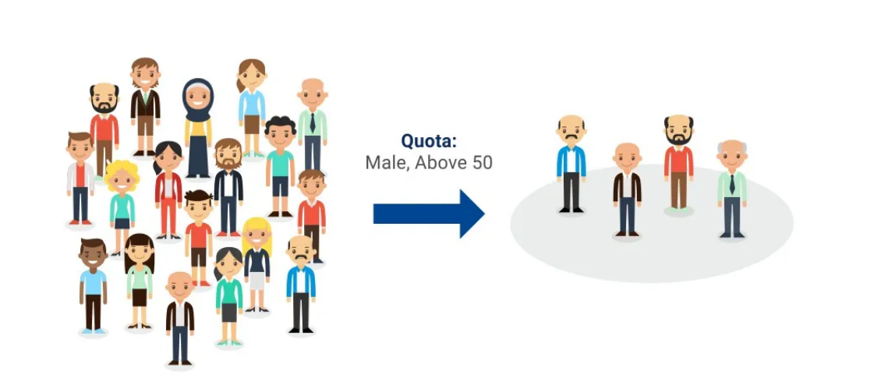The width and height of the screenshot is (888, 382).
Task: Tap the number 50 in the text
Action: coord(481,163)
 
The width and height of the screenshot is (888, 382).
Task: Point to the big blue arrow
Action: coord(429,214)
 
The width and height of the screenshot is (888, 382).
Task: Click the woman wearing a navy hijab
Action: coord(198,129)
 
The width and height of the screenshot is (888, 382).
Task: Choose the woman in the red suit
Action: coord(168,189)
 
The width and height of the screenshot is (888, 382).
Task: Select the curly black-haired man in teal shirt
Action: coord(280,166)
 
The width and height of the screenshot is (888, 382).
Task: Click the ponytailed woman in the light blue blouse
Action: coord(251,108)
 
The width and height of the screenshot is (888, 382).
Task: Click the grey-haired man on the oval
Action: coord(732,189)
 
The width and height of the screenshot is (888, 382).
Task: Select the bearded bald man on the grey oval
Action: coord(678,164)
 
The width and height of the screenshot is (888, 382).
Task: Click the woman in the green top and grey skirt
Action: coord(228,296)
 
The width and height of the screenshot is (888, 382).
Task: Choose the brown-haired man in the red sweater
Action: coord(312,216)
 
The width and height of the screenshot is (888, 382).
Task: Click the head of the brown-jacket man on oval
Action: coord(627,157)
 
